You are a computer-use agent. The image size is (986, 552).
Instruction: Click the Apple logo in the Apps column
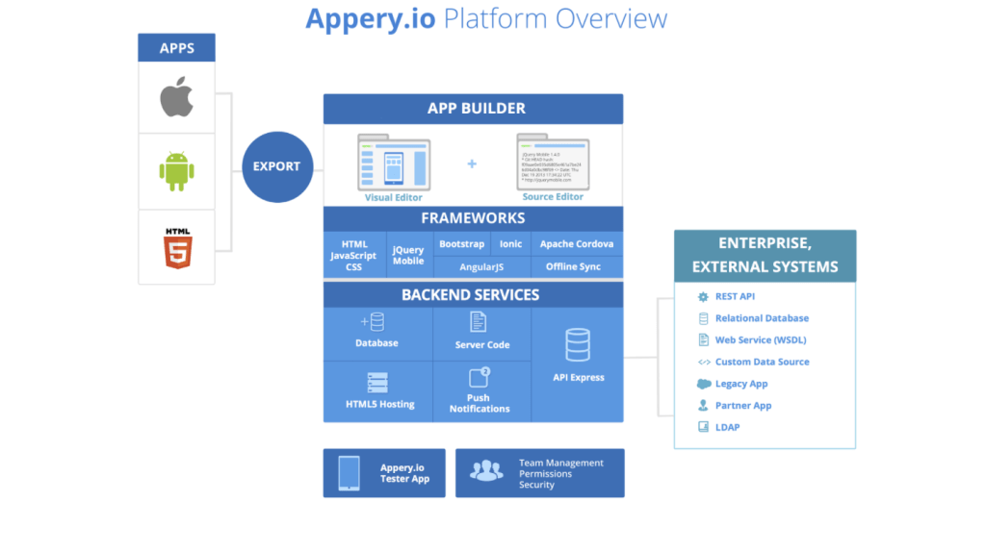coord(176,97)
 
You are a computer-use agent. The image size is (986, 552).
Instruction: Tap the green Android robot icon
coord(176,171)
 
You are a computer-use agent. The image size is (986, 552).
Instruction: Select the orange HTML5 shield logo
coord(177,247)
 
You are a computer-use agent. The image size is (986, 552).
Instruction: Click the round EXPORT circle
coord(276,166)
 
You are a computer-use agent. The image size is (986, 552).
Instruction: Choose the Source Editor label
coord(553,197)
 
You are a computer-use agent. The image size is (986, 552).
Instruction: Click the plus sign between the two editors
coord(472,163)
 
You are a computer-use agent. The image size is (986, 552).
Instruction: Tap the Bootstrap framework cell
coord(461,244)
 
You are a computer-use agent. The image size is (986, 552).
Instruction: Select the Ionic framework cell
coord(510,244)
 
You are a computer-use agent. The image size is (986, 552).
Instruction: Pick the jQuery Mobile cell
coord(408,255)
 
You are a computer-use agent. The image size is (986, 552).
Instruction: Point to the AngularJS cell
coord(481,266)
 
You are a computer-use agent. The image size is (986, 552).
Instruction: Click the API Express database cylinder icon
coord(578,344)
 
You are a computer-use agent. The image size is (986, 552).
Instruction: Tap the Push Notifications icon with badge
coord(479,377)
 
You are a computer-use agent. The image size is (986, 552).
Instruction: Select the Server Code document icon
coord(479,322)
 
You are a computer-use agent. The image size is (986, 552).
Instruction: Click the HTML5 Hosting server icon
coord(377,382)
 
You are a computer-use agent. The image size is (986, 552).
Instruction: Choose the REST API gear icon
coord(704,296)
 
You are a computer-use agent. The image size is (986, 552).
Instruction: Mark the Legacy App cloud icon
coord(704,384)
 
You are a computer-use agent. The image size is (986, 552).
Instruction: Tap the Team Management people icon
coord(486,471)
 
